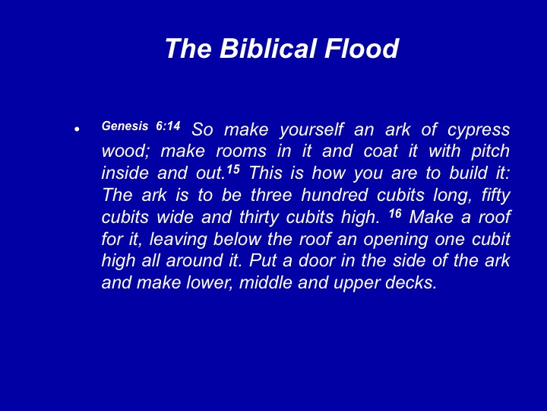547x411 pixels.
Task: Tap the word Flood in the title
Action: coord(362,48)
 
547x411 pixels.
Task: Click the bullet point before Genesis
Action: coord(77,129)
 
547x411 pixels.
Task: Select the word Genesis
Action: coord(125,126)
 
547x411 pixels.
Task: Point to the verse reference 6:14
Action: coord(168,126)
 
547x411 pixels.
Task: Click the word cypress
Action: coord(479,131)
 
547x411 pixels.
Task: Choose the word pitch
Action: coord(490,151)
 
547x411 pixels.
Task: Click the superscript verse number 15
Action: coord(233,170)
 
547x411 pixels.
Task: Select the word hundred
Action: coord(334,195)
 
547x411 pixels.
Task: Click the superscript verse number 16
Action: coord(395,213)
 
